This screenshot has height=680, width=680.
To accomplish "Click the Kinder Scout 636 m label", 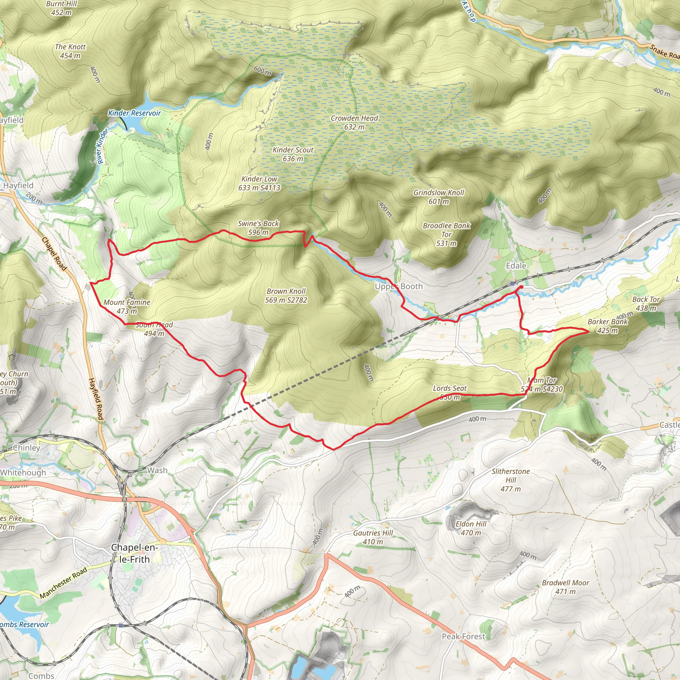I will pyautogui.click(x=293, y=154).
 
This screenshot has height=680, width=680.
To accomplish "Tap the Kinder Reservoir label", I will pyautogui.click(x=134, y=113).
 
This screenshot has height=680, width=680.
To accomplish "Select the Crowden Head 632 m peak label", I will pyautogui.click(x=354, y=123).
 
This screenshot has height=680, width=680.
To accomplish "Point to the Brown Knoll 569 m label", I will pyautogui.click(x=286, y=295).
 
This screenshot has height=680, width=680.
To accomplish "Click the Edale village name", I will pyautogui.click(x=516, y=266).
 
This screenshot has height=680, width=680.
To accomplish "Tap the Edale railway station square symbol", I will pyautogui.click(x=512, y=283).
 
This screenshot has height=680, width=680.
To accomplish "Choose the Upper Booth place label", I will pyautogui.click(x=398, y=286).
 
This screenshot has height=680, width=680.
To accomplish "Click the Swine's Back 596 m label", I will pyautogui.click(x=258, y=228).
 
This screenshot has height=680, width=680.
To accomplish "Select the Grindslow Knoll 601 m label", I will pyautogui.click(x=439, y=197).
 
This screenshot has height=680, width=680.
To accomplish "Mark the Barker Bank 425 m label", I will pyautogui.click(x=608, y=326).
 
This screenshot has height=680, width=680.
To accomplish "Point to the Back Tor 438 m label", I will pyautogui.click(x=646, y=303).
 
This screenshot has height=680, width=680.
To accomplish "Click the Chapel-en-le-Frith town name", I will pyautogui.click(x=134, y=553).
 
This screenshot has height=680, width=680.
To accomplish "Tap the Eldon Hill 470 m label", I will pyautogui.click(x=470, y=528).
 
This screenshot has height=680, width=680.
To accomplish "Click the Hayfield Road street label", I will pyautogui.click(x=96, y=399).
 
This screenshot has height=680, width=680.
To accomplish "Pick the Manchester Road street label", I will pyautogui.click(x=63, y=583).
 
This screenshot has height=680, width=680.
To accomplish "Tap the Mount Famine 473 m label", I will pyautogui.click(x=127, y=306).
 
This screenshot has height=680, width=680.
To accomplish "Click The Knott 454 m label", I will pyautogui.click(x=70, y=51).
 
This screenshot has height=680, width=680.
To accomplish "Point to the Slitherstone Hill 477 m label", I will pyautogui.click(x=510, y=480).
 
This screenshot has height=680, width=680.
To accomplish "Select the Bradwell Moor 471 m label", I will pyautogui.click(x=565, y=587).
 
